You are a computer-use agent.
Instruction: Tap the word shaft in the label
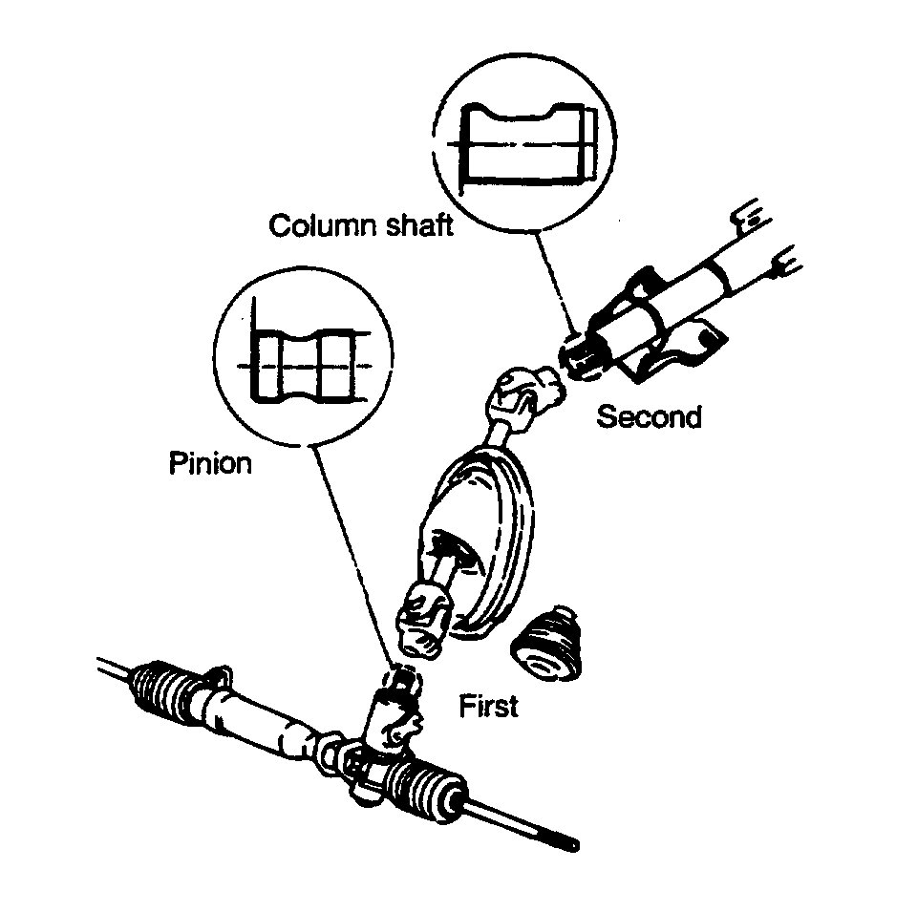click(415, 226)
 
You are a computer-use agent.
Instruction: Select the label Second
click(649, 416)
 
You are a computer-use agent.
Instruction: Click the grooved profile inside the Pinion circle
click(305, 365)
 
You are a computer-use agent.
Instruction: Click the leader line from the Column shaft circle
click(553, 282)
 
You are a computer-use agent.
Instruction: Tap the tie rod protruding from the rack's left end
click(115, 668)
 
